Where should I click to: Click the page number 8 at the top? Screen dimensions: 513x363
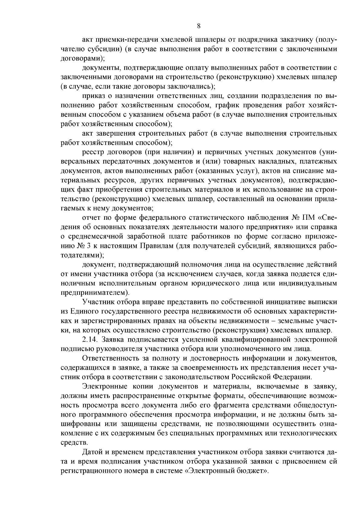(x=198, y=26)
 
